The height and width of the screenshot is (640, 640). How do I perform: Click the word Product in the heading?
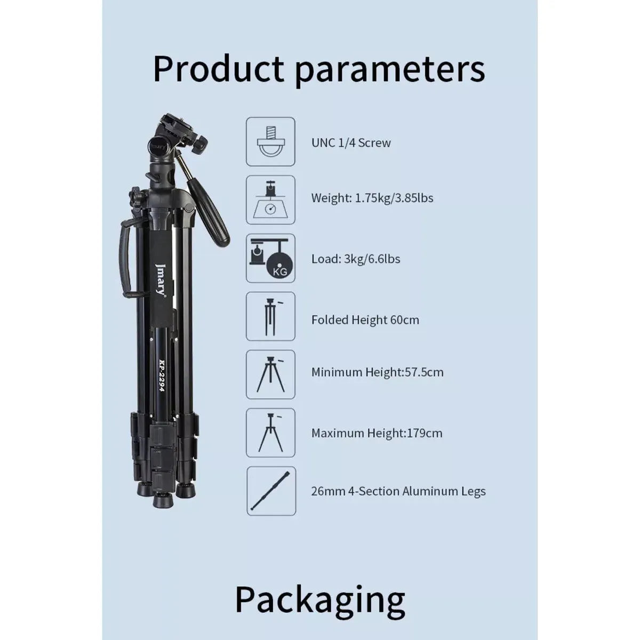tap(219, 69)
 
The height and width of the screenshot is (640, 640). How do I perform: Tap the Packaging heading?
tap(320, 600)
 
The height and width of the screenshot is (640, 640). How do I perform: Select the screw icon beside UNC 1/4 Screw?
tap(271, 141)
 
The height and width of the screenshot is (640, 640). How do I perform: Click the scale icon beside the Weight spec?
tap(271, 200)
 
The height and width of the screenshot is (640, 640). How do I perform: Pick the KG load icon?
tap(271, 258)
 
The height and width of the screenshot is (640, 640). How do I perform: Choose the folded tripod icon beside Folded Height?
tap(271, 316)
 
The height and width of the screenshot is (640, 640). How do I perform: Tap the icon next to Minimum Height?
tap(271, 374)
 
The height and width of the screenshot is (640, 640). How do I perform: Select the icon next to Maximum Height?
tap(271, 433)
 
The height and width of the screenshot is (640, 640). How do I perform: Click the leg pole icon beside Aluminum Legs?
tap(271, 491)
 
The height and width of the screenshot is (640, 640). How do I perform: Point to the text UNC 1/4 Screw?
tap(351, 143)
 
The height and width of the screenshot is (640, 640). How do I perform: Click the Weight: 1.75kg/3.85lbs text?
tap(372, 198)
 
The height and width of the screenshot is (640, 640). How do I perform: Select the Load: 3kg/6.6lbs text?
tap(356, 259)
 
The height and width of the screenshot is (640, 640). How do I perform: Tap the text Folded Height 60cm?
tap(365, 320)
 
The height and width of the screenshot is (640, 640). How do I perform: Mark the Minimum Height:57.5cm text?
tap(377, 372)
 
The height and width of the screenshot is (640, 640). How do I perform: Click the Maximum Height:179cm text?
tap(377, 433)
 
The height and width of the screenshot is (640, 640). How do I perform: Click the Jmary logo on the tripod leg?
tap(160, 279)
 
